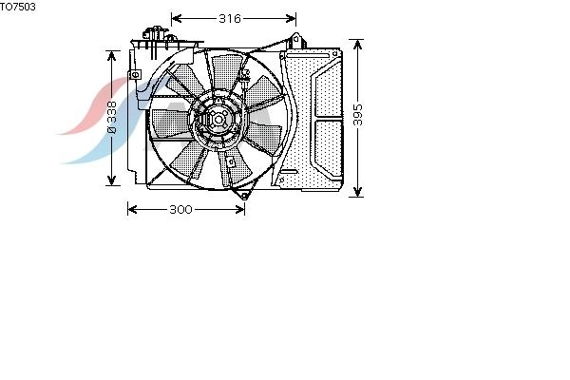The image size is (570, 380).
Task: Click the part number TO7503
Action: click(18, 7)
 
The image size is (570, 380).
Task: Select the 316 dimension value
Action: click(230, 19)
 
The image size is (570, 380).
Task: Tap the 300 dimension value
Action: click(180, 209)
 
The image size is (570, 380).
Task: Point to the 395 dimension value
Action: click(358, 115)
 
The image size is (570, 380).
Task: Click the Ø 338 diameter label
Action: click(111, 118)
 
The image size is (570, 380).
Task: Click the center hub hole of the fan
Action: click(218, 120)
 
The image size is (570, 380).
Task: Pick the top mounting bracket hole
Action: click(295, 38)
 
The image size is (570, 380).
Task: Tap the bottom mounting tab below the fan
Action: click(243, 196)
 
